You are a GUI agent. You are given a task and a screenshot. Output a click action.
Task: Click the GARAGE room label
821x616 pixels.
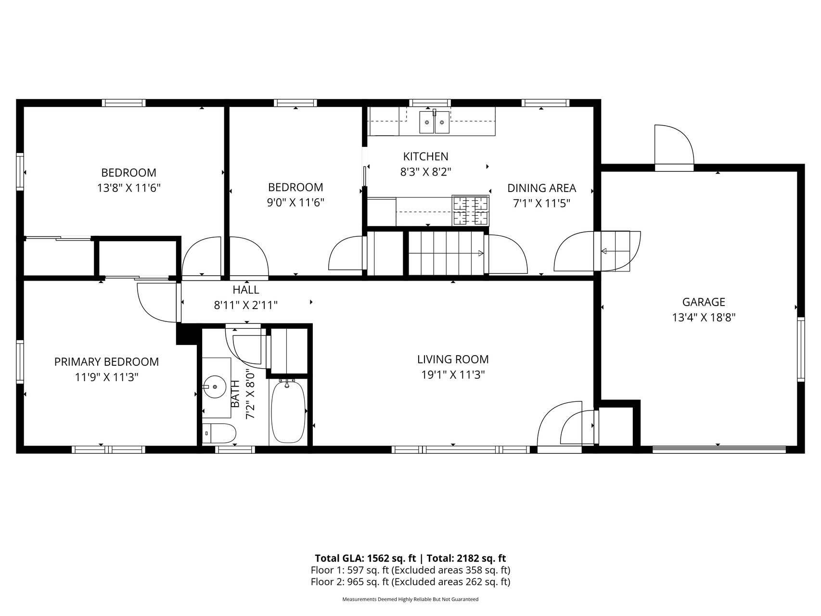click(704, 302)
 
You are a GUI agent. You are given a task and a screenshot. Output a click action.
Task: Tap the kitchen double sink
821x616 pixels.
click(435, 122)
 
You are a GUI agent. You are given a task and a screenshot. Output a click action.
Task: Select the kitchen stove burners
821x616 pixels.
click(470, 211)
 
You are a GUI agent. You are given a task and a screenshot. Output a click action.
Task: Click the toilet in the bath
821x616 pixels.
click(218, 434)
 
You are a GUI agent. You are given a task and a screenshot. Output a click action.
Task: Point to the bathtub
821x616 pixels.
click(288, 411)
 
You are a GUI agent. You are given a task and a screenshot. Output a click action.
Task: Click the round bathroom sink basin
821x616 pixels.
click(214, 385)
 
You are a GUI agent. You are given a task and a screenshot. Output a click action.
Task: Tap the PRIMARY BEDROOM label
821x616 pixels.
click(106, 362)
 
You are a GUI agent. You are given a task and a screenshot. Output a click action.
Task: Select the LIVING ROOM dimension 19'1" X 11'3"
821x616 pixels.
click(453, 375)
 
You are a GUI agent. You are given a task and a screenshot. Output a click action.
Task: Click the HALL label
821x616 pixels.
click(246, 290)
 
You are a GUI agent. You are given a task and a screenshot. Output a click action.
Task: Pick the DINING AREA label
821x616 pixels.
click(542, 188)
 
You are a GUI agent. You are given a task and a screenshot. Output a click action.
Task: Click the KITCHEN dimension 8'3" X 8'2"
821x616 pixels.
click(425, 172)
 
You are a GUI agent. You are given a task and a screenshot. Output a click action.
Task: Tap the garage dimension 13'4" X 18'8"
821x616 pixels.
click(704, 318)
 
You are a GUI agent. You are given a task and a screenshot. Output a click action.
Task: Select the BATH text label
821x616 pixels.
click(235, 394)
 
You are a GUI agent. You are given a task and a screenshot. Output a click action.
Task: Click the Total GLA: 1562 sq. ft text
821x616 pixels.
click(365, 558)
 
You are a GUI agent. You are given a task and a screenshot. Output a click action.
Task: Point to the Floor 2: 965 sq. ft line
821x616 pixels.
click(410, 582)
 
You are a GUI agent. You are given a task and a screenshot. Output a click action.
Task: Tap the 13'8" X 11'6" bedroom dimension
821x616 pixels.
click(129, 188)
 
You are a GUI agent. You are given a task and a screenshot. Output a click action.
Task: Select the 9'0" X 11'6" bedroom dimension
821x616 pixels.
click(295, 203)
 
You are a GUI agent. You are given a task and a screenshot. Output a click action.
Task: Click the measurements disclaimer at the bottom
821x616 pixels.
click(410, 599)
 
